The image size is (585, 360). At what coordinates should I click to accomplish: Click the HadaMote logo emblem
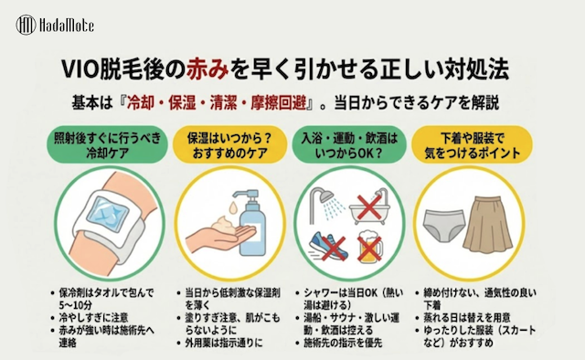click(x=27, y=25)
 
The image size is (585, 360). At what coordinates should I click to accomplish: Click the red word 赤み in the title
click(x=207, y=69)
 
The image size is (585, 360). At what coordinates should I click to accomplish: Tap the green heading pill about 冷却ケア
click(x=108, y=144)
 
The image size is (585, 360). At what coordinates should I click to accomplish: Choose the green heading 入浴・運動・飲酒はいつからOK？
click(x=349, y=144)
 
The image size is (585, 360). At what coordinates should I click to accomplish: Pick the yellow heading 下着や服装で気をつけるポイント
click(x=472, y=144)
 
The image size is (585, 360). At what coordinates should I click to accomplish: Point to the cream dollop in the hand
click(x=225, y=225)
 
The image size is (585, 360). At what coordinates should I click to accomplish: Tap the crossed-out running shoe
click(x=328, y=246)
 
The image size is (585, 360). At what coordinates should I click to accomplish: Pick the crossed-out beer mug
click(x=370, y=247)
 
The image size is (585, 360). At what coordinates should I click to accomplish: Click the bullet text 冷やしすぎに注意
click(x=93, y=317)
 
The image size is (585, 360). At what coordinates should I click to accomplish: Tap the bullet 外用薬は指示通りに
click(x=224, y=343)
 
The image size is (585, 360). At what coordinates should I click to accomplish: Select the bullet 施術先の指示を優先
click(x=343, y=343)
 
